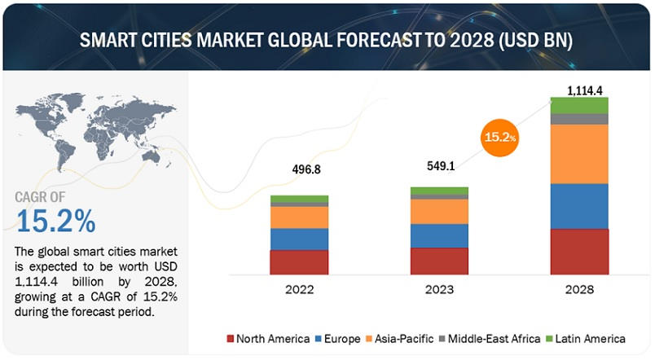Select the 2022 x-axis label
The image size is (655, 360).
pos(299,290)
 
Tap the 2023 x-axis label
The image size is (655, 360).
pos(438,290)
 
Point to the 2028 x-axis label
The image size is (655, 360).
pos(578,290)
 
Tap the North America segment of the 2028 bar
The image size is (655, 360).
pos(578,252)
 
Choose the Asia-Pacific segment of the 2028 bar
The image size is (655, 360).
pos(578,154)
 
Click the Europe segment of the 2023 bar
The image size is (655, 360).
pos(438,235)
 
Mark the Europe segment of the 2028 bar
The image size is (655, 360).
pos(578,206)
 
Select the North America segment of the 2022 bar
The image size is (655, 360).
pos(299,262)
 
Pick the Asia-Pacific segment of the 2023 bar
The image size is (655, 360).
pos(438,212)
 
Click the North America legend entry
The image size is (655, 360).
pos(268,338)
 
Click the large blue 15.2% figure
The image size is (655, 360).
pos(55,220)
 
